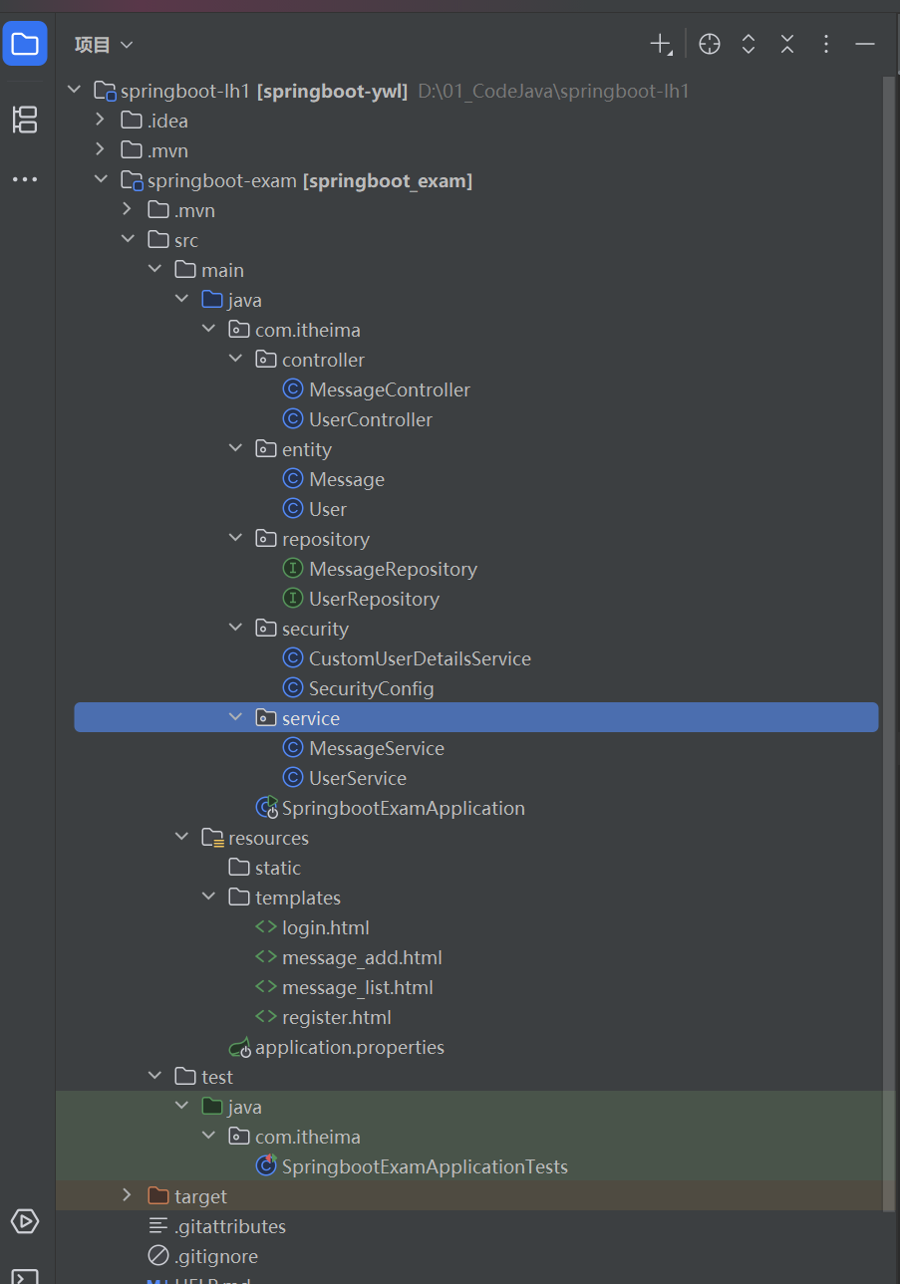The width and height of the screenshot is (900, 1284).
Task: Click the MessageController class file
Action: tap(389, 389)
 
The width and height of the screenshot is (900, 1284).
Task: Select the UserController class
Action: tap(370, 419)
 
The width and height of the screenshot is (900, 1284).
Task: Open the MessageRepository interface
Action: tap(393, 569)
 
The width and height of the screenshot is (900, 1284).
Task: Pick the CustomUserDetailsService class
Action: tap(419, 658)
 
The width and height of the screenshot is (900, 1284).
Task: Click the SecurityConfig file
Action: tap(371, 688)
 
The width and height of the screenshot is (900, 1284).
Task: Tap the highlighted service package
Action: tap(310, 718)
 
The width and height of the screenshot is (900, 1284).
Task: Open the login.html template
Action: tap(325, 927)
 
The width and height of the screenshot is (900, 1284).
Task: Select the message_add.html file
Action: tap(361, 957)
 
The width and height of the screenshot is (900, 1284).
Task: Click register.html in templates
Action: tap(336, 1017)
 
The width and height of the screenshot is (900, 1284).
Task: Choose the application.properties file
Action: tap(349, 1047)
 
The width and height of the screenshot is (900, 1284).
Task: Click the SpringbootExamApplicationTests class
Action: tap(424, 1166)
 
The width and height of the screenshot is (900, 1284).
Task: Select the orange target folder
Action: tap(200, 1196)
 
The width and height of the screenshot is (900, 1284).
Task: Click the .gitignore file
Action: tap(216, 1256)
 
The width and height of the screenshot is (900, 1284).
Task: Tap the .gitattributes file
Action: tap(229, 1226)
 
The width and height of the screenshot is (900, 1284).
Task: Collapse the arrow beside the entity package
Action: tap(235, 449)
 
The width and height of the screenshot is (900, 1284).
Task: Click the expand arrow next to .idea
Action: tap(100, 121)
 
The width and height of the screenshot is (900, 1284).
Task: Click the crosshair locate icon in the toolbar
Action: tap(710, 44)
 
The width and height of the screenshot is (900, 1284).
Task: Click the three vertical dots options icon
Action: tap(826, 44)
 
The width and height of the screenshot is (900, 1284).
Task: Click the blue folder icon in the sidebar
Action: tap(25, 44)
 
